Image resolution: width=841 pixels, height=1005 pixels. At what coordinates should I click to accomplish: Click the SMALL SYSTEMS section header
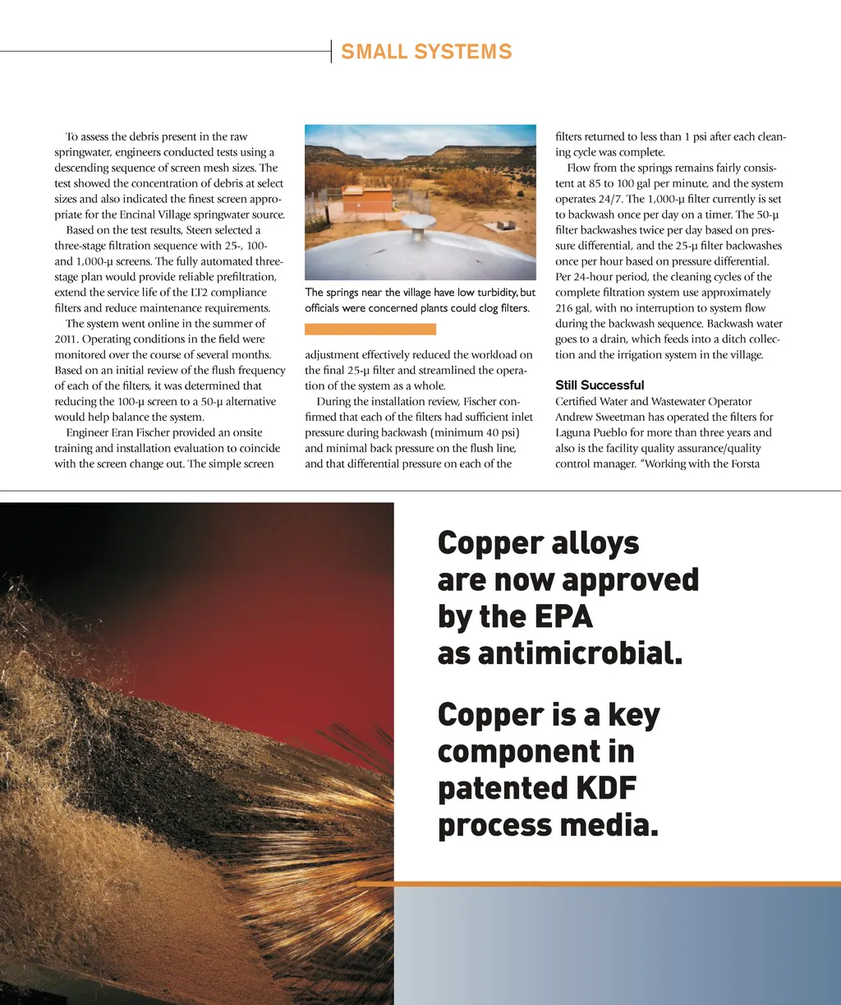click(x=426, y=52)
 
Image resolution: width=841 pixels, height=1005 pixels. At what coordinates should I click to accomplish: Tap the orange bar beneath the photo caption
click(x=370, y=329)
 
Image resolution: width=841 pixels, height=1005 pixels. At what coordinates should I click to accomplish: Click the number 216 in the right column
click(x=565, y=308)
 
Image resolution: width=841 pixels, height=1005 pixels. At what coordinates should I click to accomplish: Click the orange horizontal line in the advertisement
click(x=598, y=883)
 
